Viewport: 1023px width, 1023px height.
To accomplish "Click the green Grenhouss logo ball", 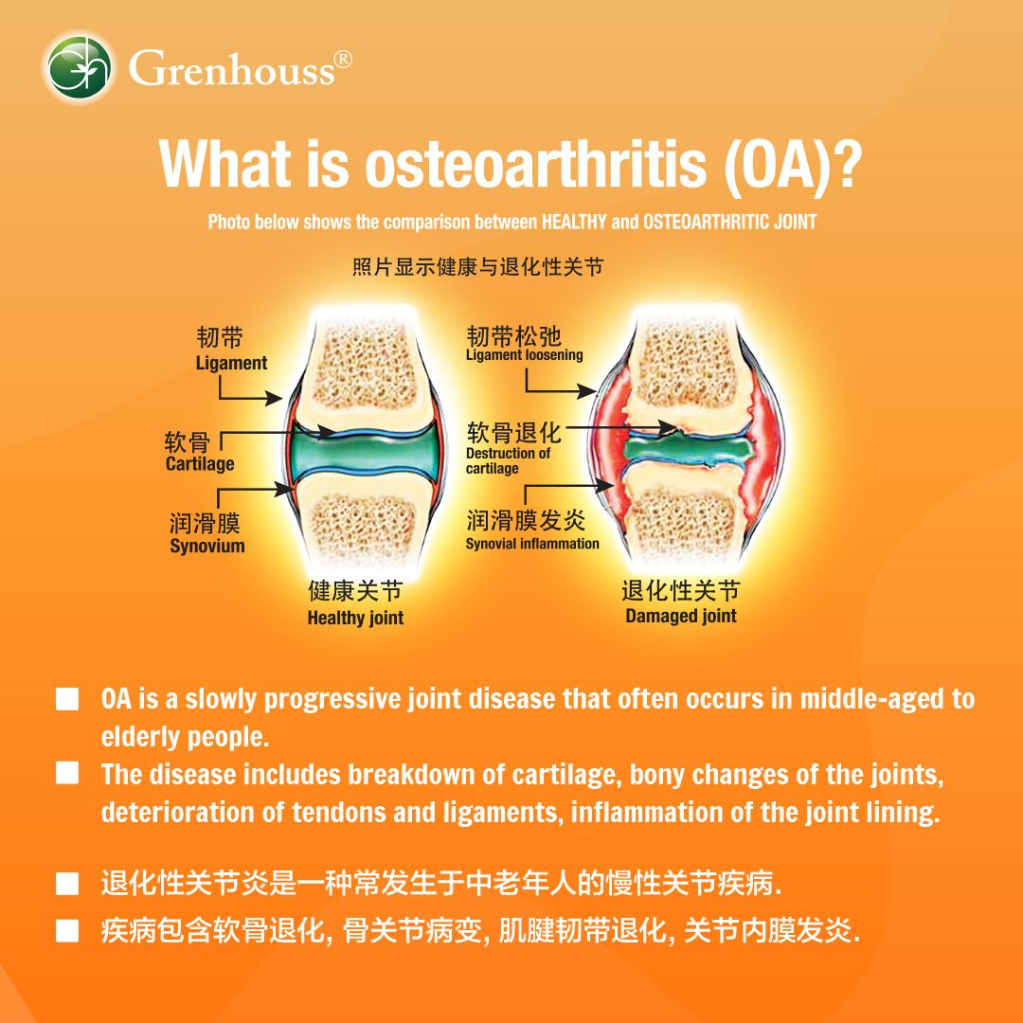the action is click(79, 68).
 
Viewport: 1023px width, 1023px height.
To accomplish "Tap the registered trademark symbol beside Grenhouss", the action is click(343, 60).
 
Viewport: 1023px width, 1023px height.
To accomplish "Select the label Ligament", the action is click(232, 363).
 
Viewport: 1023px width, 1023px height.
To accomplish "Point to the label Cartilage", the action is click(200, 464).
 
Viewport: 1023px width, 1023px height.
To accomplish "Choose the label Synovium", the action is click(207, 547).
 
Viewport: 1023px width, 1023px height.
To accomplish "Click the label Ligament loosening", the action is click(525, 355).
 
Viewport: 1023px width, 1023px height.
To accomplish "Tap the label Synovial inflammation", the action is click(532, 544).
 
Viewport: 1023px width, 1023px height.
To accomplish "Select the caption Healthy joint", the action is click(355, 618).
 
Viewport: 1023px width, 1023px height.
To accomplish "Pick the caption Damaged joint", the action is click(681, 616).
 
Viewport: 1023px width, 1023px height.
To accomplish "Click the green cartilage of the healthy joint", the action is click(363, 451).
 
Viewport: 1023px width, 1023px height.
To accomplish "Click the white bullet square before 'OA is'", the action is click(67, 699).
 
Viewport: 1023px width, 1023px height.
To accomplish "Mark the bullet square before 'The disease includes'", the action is click(67, 773).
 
